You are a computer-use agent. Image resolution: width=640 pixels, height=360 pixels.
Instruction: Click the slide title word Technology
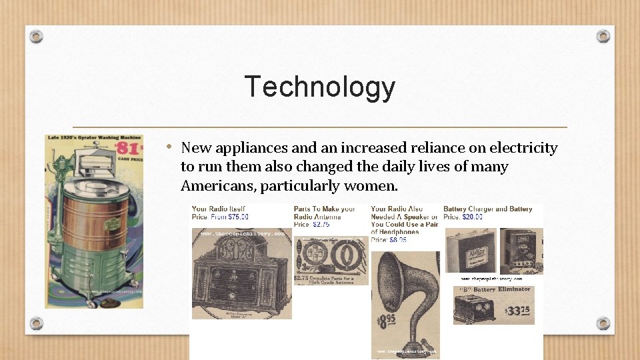click(x=320, y=87)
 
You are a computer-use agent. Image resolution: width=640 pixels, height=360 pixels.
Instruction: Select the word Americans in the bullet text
click(x=217, y=185)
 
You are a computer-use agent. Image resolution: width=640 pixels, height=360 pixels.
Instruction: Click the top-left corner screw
click(x=37, y=36)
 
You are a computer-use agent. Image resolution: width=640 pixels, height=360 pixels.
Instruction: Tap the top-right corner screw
click(x=603, y=36)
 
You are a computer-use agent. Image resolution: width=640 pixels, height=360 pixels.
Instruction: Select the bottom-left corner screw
click(x=37, y=323)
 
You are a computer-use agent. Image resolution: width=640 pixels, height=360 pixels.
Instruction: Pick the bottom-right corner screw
click(x=603, y=323)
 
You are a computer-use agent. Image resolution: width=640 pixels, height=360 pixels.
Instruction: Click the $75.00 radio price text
click(x=238, y=217)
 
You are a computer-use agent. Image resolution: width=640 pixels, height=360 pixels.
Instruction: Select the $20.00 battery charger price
click(x=472, y=217)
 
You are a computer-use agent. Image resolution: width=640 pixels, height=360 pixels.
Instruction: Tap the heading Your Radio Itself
click(x=218, y=209)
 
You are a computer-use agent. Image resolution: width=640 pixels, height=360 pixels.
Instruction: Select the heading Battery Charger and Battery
click(x=487, y=209)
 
